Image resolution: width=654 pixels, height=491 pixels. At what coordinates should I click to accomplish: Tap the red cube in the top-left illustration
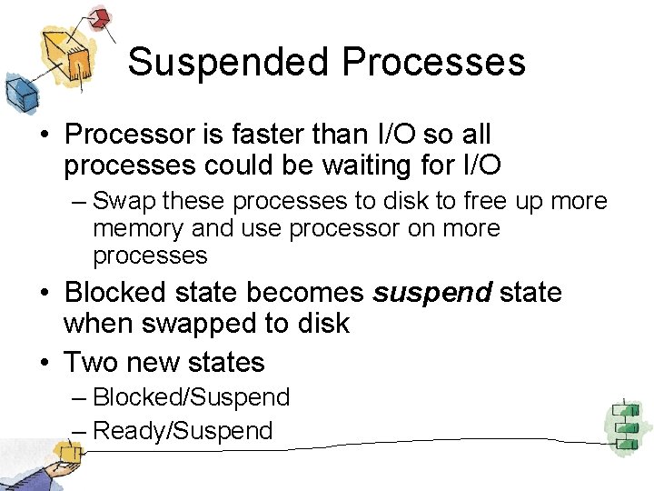pos(101,18)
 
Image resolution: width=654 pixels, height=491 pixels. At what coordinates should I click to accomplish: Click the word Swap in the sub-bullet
pos(121,200)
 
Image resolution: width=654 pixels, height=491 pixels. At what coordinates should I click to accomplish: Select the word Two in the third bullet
pos(89,362)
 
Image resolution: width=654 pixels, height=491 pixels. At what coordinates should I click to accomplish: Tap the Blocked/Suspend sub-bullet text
pos(192,397)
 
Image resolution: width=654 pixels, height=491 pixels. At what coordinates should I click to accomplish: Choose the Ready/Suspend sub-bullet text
pos(183,430)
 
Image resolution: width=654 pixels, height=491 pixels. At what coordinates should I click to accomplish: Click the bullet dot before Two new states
pos(44,362)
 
